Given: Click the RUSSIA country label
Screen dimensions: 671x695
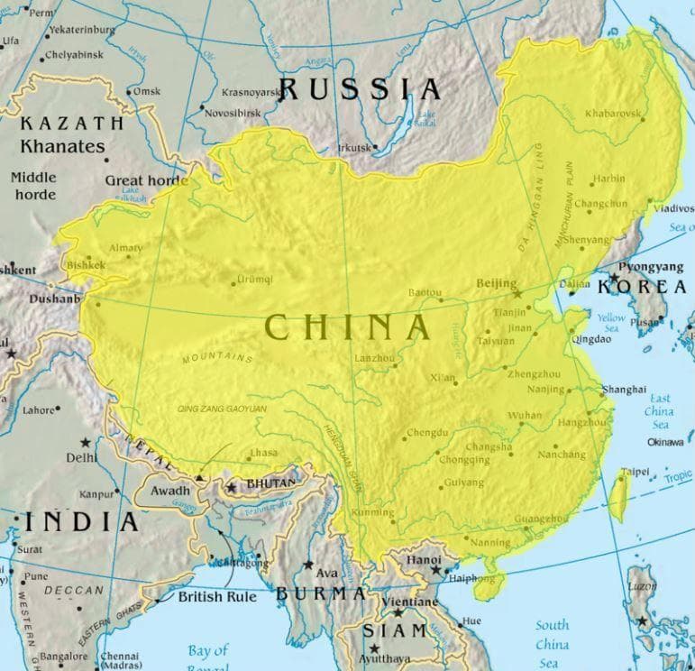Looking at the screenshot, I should (361, 88).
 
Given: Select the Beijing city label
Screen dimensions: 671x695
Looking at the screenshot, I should (496, 283).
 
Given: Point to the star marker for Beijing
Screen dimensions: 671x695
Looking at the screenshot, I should (517, 293).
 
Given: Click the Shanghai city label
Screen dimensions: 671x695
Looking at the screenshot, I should (625, 389).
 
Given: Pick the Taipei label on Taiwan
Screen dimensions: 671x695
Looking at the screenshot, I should (635, 471).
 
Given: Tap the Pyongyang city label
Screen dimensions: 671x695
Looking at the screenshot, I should (651, 268).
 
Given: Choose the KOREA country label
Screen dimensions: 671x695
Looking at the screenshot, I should (643, 287).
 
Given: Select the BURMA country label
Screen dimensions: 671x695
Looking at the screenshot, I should (321, 593).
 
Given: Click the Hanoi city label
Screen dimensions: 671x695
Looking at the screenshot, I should (424, 559).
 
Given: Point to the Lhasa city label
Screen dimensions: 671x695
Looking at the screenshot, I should (263, 453).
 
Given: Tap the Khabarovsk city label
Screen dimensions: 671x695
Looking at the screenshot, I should (613, 114).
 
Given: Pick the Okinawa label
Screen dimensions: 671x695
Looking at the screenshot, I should (665, 442).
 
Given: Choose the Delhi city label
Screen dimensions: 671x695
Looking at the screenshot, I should (81, 457).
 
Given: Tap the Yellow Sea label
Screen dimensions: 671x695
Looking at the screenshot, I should (610, 324).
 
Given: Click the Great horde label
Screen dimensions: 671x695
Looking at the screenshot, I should (146, 179).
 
